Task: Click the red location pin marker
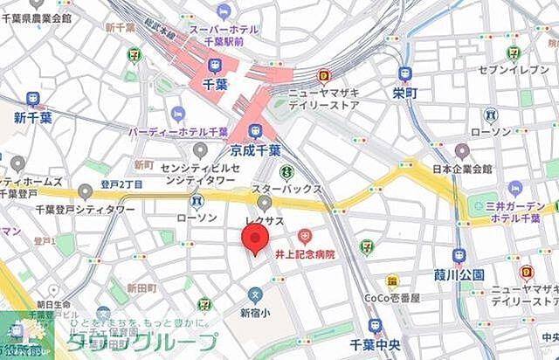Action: [x=254, y=238]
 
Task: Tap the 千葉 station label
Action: [x=215, y=85]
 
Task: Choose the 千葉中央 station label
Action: [x=375, y=345]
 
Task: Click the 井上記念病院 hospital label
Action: [x=305, y=254]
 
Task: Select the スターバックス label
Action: [x=286, y=189]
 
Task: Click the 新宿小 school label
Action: [x=256, y=313]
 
